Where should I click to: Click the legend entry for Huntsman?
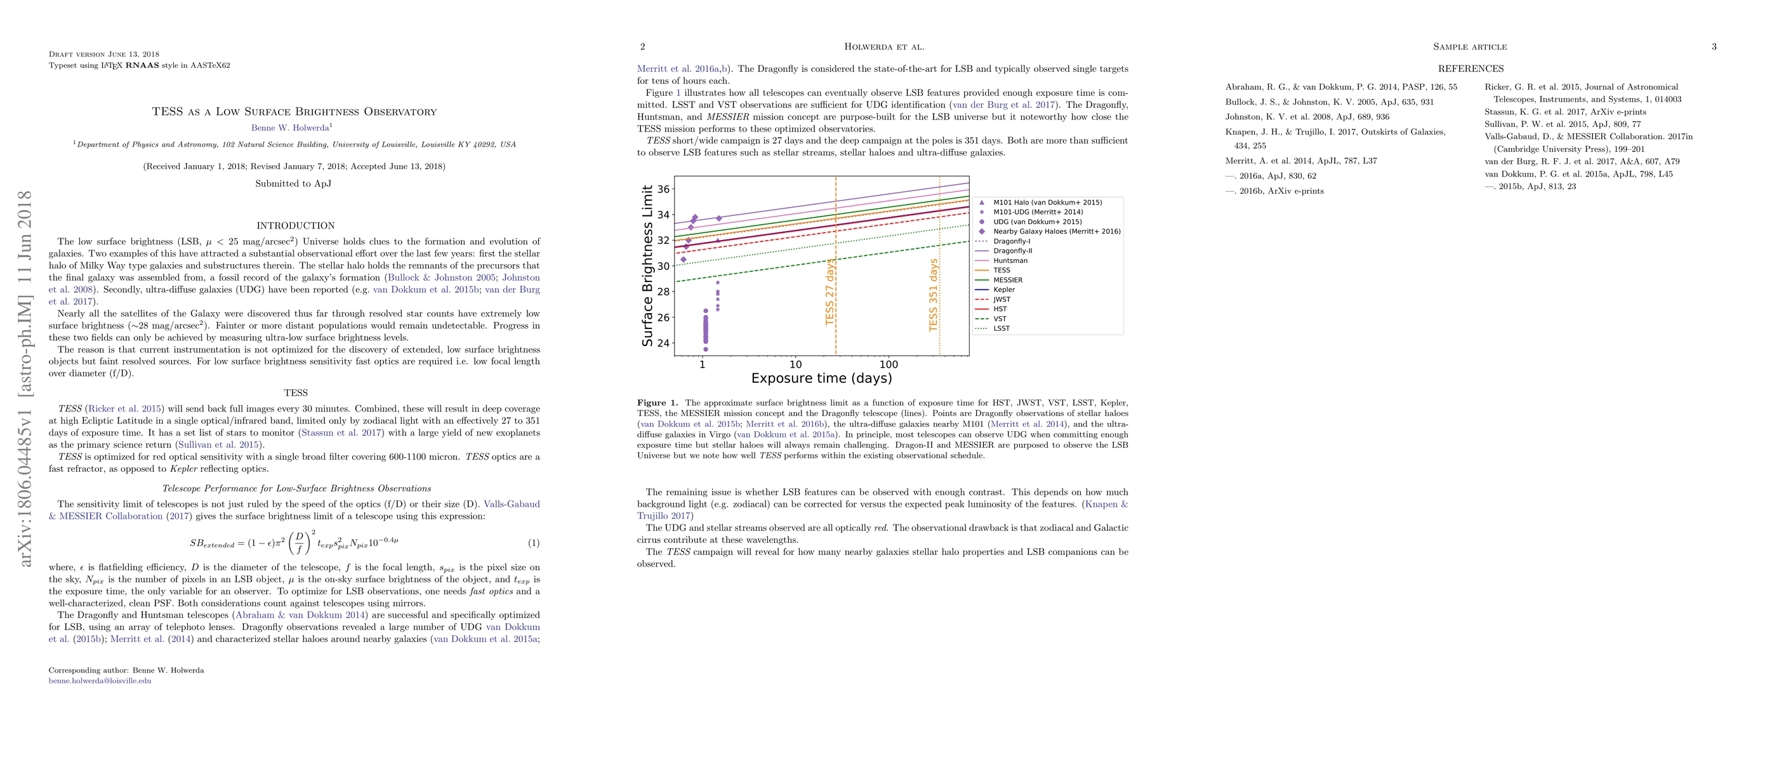pos(1010,260)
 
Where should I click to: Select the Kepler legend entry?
pos(1004,290)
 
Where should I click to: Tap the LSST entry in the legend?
pos(1001,328)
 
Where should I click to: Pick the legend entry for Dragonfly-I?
pos(1011,241)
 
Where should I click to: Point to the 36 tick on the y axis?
pos(663,189)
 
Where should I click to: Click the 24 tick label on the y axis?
pos(663,344)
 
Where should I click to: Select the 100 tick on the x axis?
pos(888,364)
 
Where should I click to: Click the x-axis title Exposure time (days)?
pos(821,378)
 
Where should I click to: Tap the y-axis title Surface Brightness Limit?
pos(647,265)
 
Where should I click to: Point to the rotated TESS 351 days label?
pos(933,295)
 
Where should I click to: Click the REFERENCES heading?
pos(1471,69)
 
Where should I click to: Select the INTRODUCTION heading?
pos(295,225)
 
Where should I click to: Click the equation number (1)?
pos(533,544)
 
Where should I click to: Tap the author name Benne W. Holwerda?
pos(290,128)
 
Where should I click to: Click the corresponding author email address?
pos(100,681)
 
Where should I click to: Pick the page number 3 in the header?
pos(1714,46)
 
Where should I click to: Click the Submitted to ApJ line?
pos(293,184)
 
